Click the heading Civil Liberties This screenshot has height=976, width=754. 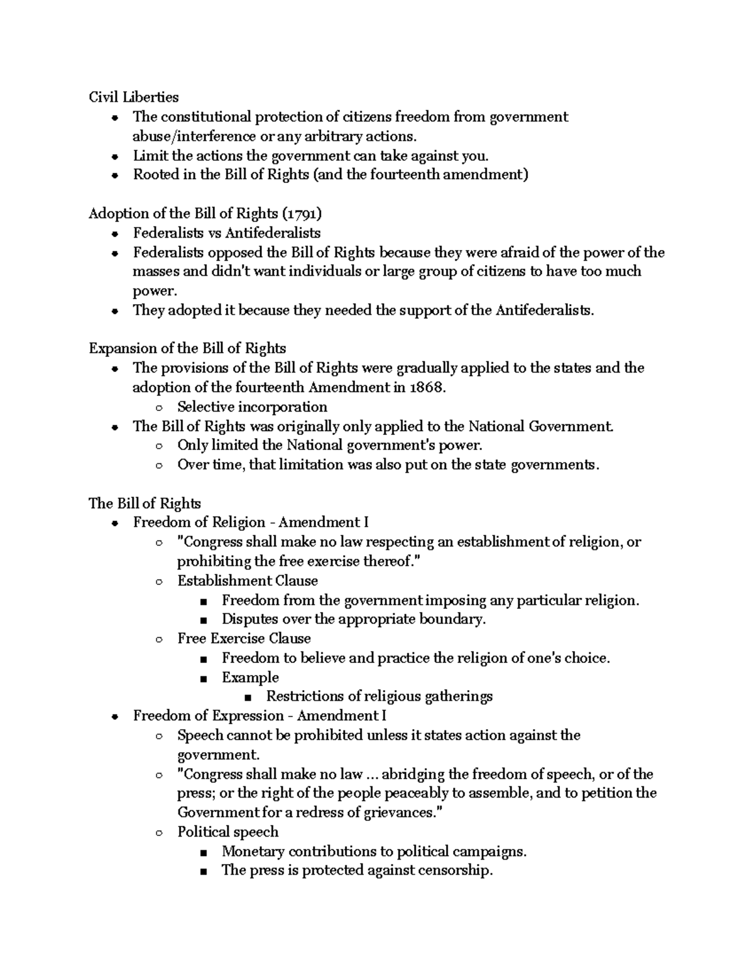(133, 97)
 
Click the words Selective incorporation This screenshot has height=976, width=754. (252, 407)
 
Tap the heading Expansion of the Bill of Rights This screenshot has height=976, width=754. (187, 349)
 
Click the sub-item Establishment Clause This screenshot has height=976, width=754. (248, 581)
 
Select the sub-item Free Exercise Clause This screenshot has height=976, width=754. (244, 639)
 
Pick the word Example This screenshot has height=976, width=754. (250, 678)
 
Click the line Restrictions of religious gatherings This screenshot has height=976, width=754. (379, 697)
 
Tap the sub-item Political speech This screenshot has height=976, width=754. (227, 833)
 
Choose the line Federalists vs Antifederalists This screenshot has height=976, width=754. (226, 233)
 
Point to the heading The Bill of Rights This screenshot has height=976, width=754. (145, 504)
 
